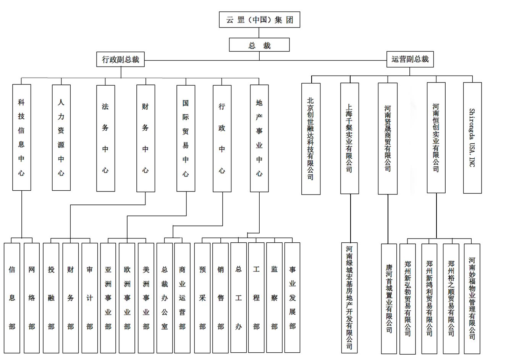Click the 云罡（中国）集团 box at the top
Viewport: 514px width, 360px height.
(x=259, y=19)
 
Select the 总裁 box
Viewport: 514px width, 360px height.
(x=259, y=45)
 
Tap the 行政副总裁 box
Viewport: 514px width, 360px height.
(x=120, y=59)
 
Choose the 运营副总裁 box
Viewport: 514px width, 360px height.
(x=410, y=59)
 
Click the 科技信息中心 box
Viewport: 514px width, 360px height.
(x=21, y=137)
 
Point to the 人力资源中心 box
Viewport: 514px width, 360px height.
(x=61, y=137)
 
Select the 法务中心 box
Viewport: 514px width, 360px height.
(x=105, y=138)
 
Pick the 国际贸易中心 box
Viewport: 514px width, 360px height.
(x=186, y=138)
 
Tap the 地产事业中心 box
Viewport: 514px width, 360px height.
(x=259, y=138)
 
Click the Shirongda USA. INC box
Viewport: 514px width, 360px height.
(x=472, y=138)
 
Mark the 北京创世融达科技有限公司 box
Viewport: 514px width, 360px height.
(x=311, y=139)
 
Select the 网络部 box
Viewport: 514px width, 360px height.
(x=32, y=298)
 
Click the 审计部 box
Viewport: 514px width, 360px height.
(x=90, y=298)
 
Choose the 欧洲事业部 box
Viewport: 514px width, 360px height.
(x=127, y=298)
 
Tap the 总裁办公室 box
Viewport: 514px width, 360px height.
(x=165, y=298)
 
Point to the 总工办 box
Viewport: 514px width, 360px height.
(x=239, y=298)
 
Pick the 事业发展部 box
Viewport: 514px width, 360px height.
(x=292, y=297)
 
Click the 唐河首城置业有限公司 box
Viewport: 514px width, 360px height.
(x=389, y=298)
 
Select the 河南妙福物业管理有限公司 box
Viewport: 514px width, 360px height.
(x=472, y=298)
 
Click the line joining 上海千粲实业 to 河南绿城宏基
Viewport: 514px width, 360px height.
(x=350, y=218)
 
